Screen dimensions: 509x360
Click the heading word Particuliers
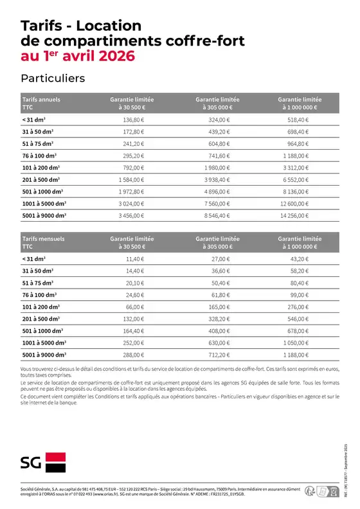(53, 78)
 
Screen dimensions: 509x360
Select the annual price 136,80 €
(132, 120)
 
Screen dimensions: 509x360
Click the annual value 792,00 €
(132, 168)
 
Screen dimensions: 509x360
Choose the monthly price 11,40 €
(132, 259)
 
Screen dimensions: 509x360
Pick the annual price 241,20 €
(132, 144)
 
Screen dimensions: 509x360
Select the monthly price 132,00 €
(132, 319)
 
